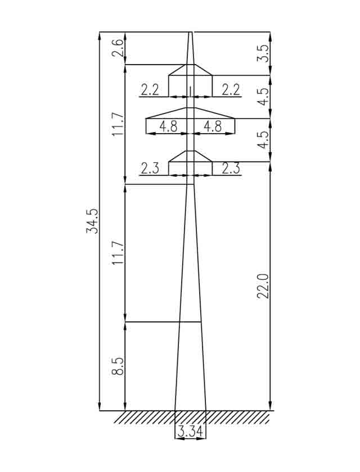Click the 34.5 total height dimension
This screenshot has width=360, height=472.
pos(92,221)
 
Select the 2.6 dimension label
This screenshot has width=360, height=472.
pos(118,48)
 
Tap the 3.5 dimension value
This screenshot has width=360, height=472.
pos(263,53)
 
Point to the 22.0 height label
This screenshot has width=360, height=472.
pos(263,286)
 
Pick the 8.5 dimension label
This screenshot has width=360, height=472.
pos(118,366)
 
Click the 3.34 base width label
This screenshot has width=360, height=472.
pos(190,432)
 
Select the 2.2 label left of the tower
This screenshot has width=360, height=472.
pos(150,90)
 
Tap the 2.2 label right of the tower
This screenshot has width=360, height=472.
pos(231,90)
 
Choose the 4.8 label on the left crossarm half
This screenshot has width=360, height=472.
pos(168,126)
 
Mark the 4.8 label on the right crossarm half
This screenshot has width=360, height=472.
pos(213,126)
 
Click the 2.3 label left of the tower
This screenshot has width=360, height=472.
pos(150,168)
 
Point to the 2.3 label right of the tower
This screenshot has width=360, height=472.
pos(231,168)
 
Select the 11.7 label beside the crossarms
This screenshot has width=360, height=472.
pos(118,124)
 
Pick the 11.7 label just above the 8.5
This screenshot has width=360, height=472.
pos(118,253)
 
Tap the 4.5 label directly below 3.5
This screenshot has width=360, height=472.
pos(263,97)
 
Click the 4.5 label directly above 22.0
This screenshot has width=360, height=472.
pos(263,140)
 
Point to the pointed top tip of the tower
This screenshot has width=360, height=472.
pos(190,31)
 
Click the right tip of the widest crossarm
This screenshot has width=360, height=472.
pos(235,119)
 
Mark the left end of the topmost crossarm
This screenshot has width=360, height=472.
pos(168,75)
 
